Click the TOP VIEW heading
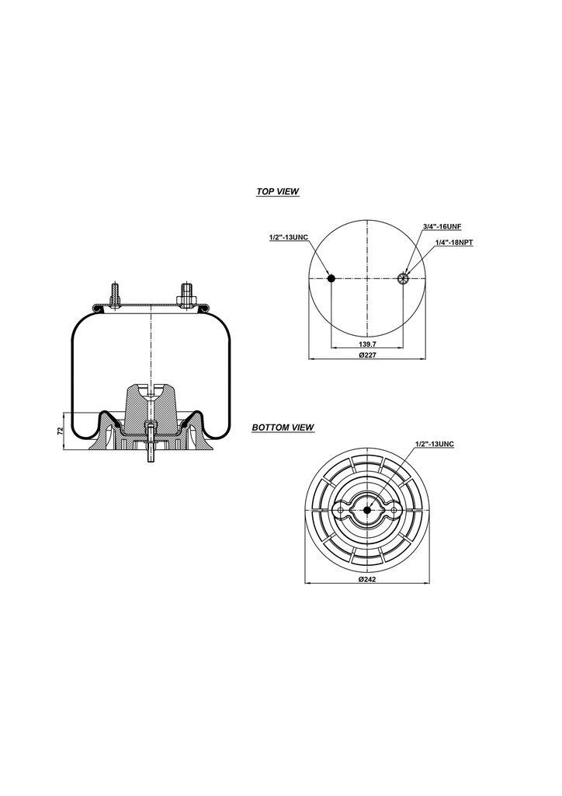pyautogui.click(x=277, y=191)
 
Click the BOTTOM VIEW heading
pyautogui.click(x=283, y=428)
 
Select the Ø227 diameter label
pyautogui.click(x=367, y=355)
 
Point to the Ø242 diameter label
pyautogui.click(x=367, y=580)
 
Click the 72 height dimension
pyautogui.click(x=60, y=431)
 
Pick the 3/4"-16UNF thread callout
pyautogui.click(x=442, y=226)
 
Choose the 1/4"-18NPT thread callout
pyautogui.click(x=454, y=243)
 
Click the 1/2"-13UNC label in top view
pyautogui.click(x=288, y=237)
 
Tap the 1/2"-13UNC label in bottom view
pyautogui.click(x=435, y=443)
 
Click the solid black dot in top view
pyautogui.click(x=331, y=279)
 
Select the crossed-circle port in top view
pyautogui.click(x=403, y=279)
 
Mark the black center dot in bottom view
pyautogui.click(x=367, y=510)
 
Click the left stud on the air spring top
pyautogui.click(x=116, y=295)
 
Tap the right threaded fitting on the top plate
pyautogui.click(x=186, y=296)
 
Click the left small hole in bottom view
pyautogui.click(x=342, y=510)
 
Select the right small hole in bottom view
pyautogui.click(x=394, y=510)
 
